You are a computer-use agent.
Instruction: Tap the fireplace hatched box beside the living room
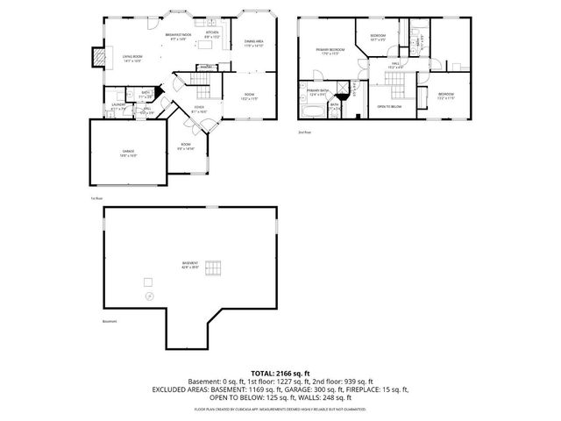100,57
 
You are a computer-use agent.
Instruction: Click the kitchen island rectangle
207,66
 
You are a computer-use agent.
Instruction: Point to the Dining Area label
253,43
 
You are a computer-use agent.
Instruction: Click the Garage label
129,152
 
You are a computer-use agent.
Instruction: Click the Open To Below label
389,106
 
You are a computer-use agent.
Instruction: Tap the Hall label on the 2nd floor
396,64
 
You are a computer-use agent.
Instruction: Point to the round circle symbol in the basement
150,297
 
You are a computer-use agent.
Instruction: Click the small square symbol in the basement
148,281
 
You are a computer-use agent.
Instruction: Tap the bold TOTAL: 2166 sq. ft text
280,373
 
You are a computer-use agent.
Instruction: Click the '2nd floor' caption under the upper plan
304,132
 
